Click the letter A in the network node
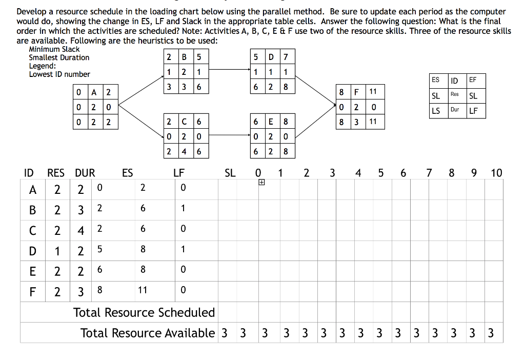pos(94,93)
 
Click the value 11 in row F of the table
pos(143,290)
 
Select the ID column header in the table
pos(29,173)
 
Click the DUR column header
pos(85,173)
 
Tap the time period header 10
pos(496,173)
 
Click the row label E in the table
pos(33,270)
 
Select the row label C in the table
pos(33,229)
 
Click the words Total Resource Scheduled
pos(144,312)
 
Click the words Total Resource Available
pos(148,333)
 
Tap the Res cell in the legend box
pos(454,94)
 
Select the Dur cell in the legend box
pos(454,110)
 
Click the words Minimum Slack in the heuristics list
pos(54,49)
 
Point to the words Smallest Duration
pos(59,57)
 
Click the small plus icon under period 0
pos(261,183)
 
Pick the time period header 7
pos(429,173)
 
